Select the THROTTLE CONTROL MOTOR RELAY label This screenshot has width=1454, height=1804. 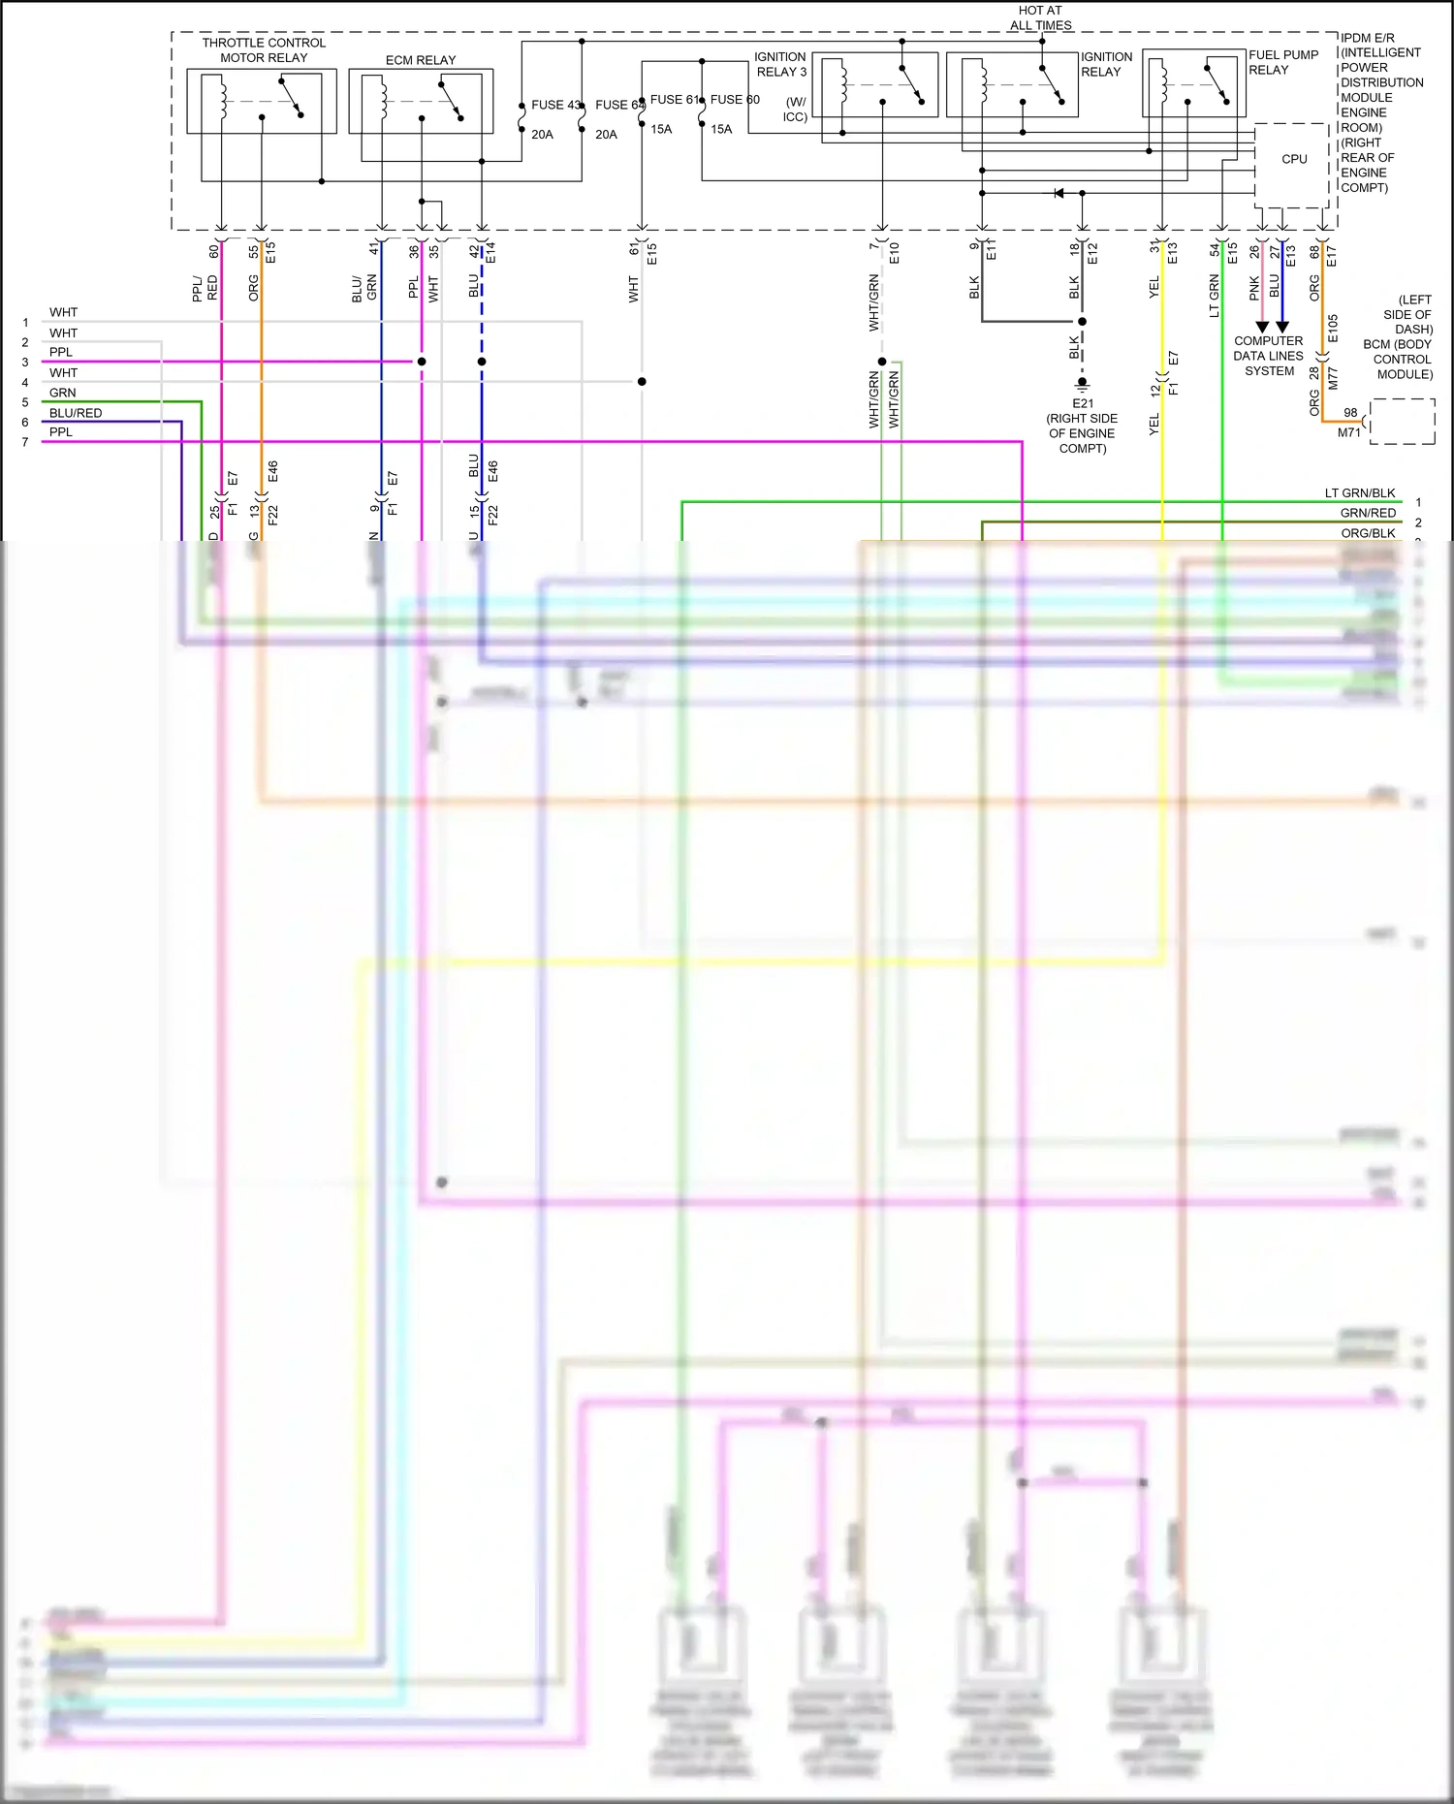(x=264, y=50)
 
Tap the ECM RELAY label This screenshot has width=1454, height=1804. (x=421, y=60)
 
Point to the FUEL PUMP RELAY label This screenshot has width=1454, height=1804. (x=1283, y=62)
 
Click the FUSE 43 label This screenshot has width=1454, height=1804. (x=555, y=105)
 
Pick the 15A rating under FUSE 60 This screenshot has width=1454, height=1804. (x=721, y=129)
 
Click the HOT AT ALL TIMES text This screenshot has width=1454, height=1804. (x=1040, y=17)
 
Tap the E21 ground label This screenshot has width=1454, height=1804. (x=1082, y=403)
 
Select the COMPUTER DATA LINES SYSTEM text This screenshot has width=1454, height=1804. (x=1268, y=356)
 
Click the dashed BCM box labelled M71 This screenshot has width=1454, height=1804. (x=1403, y=422)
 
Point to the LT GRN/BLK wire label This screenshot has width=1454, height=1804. (x=1360, y=493)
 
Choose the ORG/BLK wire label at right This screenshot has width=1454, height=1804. (x=1368, y=533)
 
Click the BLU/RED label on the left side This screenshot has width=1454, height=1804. (x=76, y=413)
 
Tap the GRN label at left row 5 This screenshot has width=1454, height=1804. (x=63, y=393)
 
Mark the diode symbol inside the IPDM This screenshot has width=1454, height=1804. (x=1059, y=193)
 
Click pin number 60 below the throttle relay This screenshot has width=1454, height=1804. (x=214, y=251)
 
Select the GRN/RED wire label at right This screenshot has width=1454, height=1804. (x=1368, y=513)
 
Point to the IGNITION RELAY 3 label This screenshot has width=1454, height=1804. (x=780, y=64)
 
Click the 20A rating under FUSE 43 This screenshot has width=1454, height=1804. (x=542, y=135)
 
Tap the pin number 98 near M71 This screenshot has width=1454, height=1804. (x=1350, y=413)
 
